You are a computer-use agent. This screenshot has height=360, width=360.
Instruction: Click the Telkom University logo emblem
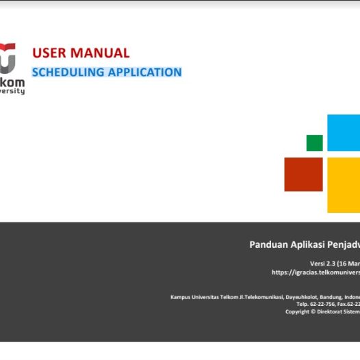click(x=8, y=60)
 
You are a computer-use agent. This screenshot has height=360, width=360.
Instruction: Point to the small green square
click(x=314, y=142)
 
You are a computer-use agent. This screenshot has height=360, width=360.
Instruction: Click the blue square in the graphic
click(x=343, y=133)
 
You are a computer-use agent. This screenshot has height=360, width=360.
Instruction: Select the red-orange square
click(x=303, y=174)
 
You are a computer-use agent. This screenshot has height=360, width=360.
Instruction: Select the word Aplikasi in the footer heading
click(x=314, y=244)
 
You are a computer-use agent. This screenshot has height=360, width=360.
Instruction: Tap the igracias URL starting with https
click(x=316, y=272)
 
